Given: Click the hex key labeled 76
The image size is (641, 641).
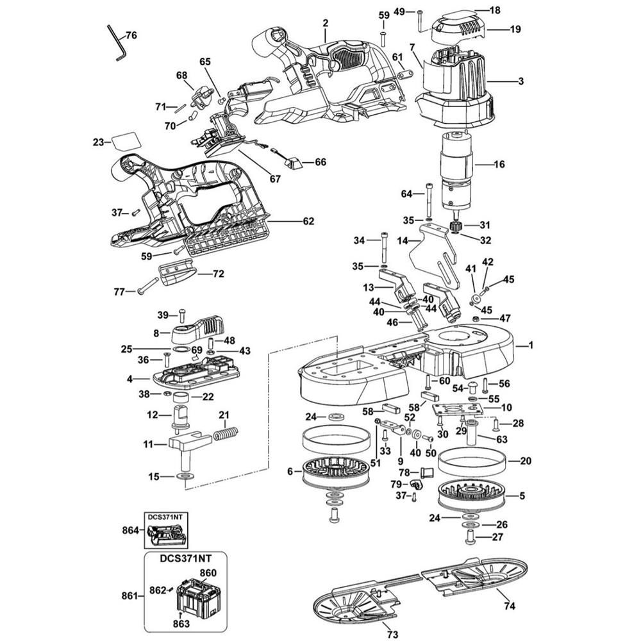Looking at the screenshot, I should pyautogui.click(x=117, y=42).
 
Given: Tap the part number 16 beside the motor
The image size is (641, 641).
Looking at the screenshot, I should pyautogui.click(x=499, y=164).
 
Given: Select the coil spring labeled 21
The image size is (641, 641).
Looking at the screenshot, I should pyautogui.click(x=224, y=434).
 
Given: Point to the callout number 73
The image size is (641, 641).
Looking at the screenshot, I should pyautogui.click(x=393, y=634).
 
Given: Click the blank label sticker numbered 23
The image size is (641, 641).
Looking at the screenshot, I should pyautogui.click(x=125, y=142).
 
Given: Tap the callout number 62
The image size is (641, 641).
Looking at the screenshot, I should pyautogui.click(x=308, y=221).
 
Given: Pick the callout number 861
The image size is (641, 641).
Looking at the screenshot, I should pyautogui.click(x=129, y=595).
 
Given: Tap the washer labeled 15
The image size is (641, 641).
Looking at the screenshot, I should pyautogui.click(x=186, y=477).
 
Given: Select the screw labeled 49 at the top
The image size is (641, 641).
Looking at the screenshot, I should pyautogui.click(x=420, y=21).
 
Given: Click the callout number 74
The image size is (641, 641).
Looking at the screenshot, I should pyautogui.click(x=509, y=604).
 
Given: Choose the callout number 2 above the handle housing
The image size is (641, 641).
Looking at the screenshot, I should pyautogui.click(x=326, y=23).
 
